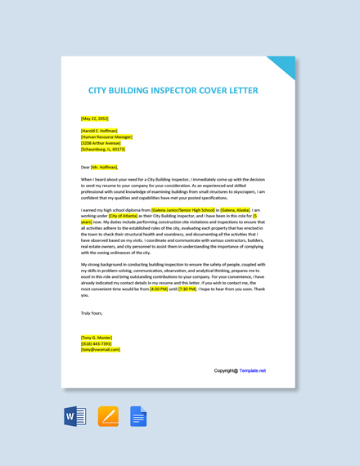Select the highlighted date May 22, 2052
click(x=95, y=119)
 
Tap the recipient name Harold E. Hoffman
click(x=99, y=131)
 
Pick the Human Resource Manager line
click(x=106, y=137)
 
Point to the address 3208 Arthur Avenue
click(x=101, y=143)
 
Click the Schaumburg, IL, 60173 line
click(x=103, y=150)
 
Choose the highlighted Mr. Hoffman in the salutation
click(x=105, y=167)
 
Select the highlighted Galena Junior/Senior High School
click(x=183, y=209)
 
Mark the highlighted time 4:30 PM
click(x=159, y=289)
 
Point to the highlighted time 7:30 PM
click(x=187, y=289)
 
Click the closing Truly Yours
click(x=92, y=313)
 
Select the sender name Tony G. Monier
click(x=97, y=338)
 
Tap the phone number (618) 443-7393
click(x=97, y=343)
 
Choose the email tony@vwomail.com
click(x=101, y=350)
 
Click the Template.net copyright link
click(x=252, y=370)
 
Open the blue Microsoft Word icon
click(x=75, y=416)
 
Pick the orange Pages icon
click(x=108, y=416)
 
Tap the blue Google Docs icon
click(x=138, y=416)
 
